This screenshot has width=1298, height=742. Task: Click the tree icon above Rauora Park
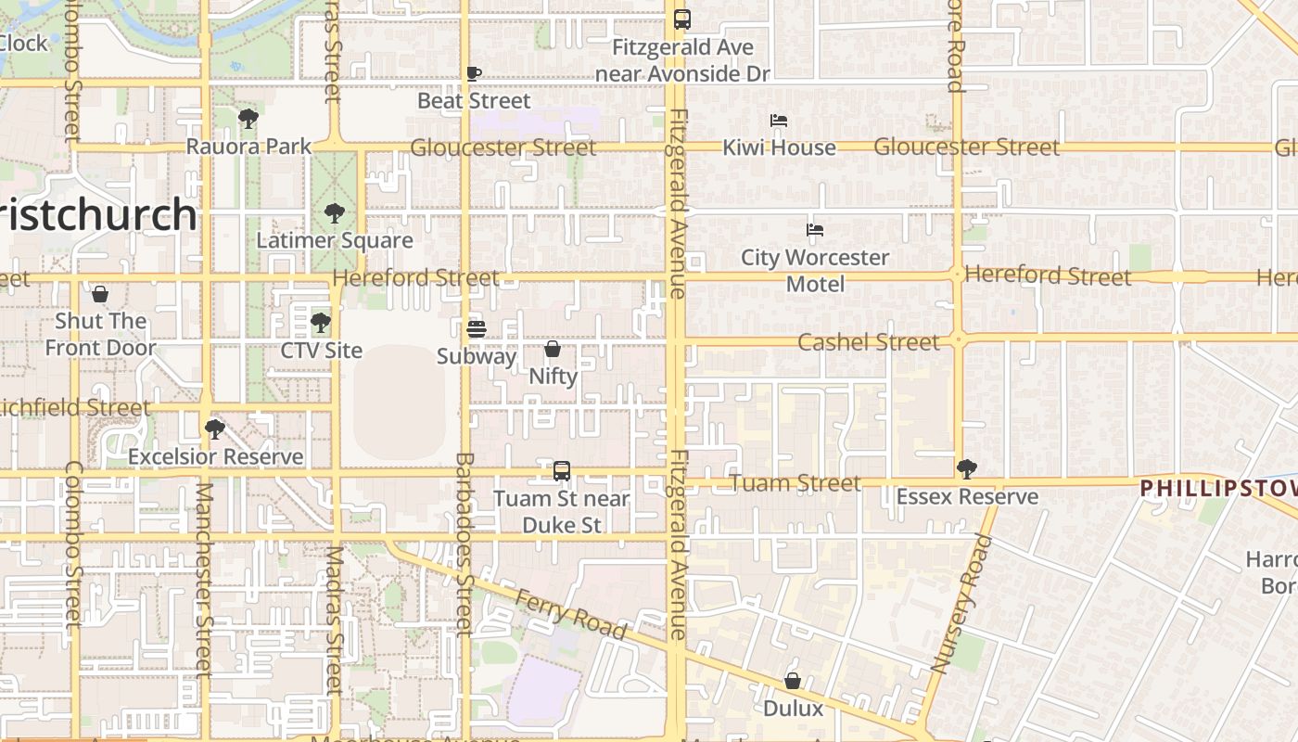[248, 119]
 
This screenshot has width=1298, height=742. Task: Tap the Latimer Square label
[335, 240]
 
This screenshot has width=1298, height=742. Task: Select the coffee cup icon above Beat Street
[474, 73]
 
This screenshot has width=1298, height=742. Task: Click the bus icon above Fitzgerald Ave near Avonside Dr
[682, 19]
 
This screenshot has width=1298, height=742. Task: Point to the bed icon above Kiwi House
[779, 121]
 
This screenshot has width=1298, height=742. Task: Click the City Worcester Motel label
[815, 270]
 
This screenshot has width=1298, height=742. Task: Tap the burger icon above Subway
[477, 328]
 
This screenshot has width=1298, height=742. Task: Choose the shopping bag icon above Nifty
[553, 349]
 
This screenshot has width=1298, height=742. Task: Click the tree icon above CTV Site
[321, 323]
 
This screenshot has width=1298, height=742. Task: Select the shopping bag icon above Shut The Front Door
[100, 294]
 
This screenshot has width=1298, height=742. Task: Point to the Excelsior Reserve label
[215, 456]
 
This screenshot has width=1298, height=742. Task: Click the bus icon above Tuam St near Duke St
[562, 471]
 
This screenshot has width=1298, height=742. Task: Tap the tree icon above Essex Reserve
[966, 469]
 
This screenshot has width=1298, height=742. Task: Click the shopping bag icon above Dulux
[793, 681]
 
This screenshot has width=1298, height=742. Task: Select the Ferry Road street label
[571, 614]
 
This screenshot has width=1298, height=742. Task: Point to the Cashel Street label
[868, 342]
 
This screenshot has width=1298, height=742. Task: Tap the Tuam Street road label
[795, 483]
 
